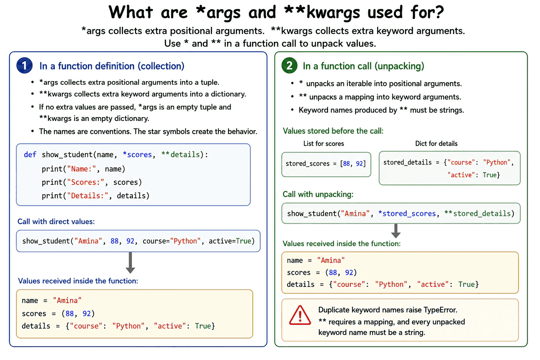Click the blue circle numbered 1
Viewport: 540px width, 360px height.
point(24,65)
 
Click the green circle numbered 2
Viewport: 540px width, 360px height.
point(290,65)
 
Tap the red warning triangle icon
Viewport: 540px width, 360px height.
point(300,315)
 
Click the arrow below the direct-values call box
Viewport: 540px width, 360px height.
point(130,263)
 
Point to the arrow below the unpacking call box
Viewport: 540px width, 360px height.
point(396,231)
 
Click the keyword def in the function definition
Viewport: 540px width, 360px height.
point(30,155)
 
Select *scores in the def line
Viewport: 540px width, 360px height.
point(137,155)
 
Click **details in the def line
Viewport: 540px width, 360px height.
point(181,155)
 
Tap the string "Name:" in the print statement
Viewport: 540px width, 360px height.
point(82,169)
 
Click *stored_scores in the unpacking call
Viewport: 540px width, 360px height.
point(407,214)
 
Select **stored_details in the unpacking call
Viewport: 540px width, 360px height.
point(477,214)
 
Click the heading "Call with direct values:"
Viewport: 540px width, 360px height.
point(56,221)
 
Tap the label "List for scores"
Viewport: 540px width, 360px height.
point(323,144)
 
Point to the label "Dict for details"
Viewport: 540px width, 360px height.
point(436,144)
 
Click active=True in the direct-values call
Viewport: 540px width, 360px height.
point(230,241)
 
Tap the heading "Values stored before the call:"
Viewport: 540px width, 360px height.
point(333,131)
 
